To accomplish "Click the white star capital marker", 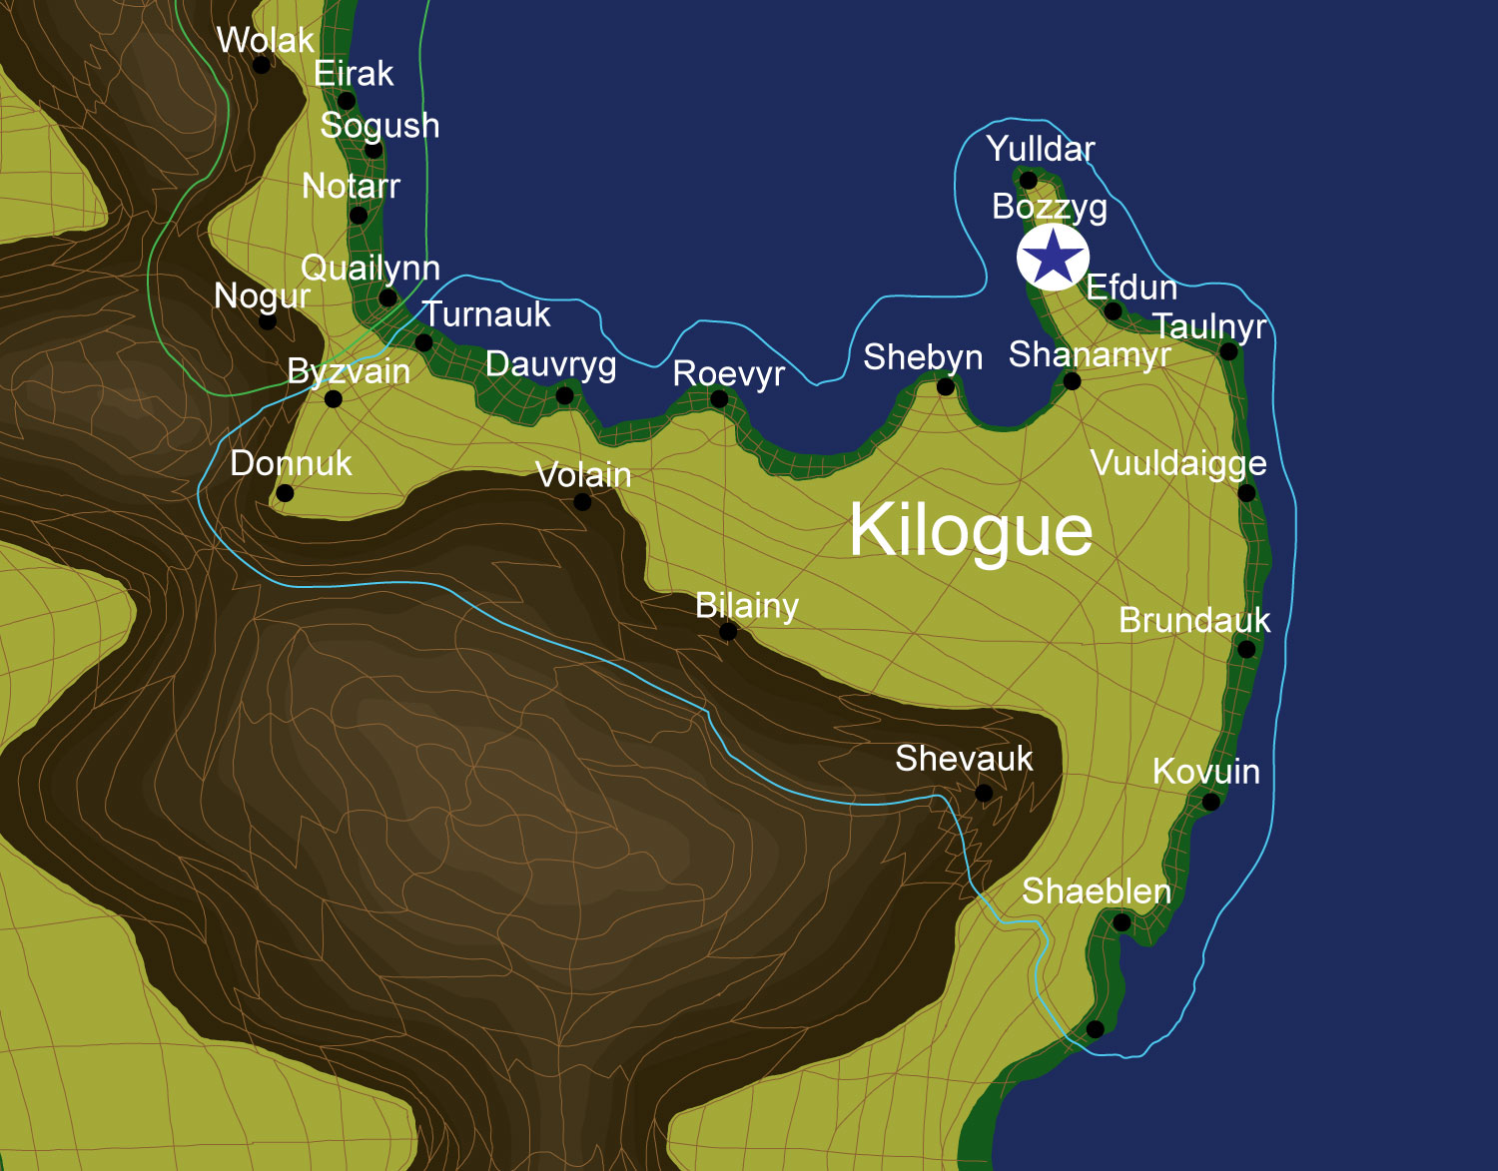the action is pyautogui.click(x=1053, y=257).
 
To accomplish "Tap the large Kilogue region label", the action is pyautogui.click(x=971, y=530).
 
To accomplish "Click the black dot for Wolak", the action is pyautogui.click(x=262, y=65).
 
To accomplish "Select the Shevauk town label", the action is pyautogui.click(x=964, y=759).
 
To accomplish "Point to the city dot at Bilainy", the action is pyautogui.click(x=728, y=631).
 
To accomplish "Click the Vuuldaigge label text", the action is pyautogui.click(x=1178, y=463).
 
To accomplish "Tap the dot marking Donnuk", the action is pyautogui.click(x=285, y=493).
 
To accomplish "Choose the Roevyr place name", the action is pyautogui.click(x=729, y=374).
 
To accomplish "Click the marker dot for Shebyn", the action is pyautogui.click(x=945, y=387).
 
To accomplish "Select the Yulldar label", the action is pyautogui.click(x=1041, y=149).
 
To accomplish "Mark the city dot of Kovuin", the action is pyautogui.click(x=1210, y=802).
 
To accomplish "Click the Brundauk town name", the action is pyautogui.click(x=1194, y=621).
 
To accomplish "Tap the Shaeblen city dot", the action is pyautogui.click(x=1122, y=923).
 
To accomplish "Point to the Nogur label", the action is pyautogui.click(x=262, y=296).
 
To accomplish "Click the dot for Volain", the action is pyautogui.click(x=582, y=502).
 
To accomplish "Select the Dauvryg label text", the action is pyautogui.click(x=550, y=365).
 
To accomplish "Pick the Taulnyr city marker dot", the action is pyautogui.click(x=1229, y=351).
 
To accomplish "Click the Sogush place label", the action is pyautogui.click(x=379, y=126).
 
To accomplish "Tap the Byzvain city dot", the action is pyautogui.click(x=334, y=399).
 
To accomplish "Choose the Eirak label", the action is pyautogui.click(x=354, y=74).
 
